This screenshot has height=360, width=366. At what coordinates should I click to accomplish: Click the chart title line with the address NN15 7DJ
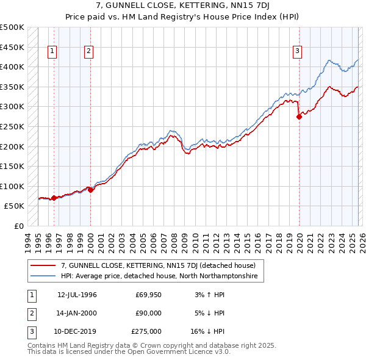pyautogui.click(x=182, y=7)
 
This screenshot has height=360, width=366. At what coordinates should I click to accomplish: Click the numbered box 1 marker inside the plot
pyautogui.click(x=53, y=52)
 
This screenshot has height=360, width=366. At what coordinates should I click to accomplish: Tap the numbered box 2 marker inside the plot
pyautogui.click(x=89, y=52)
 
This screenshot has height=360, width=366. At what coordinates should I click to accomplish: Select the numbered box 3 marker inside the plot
pyautogui.click(x=298, y=52)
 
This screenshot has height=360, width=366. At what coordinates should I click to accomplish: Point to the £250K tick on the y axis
pyautogui.click(x=13, y=126)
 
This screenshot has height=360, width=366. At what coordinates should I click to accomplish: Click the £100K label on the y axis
pyautogui.click(x=13, y=186)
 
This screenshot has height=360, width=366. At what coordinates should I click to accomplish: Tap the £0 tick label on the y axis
pyautogui.click(x=18, y=226)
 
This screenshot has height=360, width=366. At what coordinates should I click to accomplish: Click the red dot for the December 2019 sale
pyautogui.click(x=299, y=117)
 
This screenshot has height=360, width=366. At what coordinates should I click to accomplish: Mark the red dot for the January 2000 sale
pyautogui.click(x=90, y=190)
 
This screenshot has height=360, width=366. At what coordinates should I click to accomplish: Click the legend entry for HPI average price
pyautogui.click(x=159, y=276)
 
